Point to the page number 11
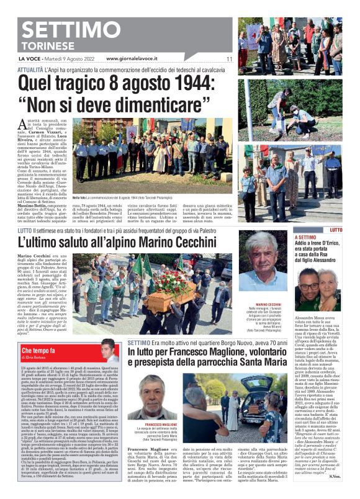[229, 59]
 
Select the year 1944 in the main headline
[198, 81]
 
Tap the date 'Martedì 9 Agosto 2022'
[68, 59]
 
